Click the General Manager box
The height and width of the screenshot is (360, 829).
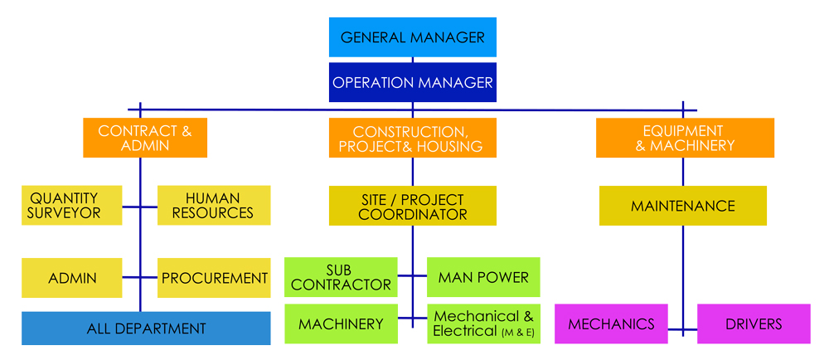point(413,37)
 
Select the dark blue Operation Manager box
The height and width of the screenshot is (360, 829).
point(413,82)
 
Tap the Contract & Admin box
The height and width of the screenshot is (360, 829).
point(145,138)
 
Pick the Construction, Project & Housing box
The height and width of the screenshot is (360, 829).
point(413,138)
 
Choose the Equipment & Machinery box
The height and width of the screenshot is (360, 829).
point(684,138)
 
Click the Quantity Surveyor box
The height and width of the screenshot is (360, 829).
point(72,205)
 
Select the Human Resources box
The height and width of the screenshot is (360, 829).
point(213,205)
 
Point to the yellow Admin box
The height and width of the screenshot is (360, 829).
point(72,278)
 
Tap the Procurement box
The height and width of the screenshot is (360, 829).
point(214,278)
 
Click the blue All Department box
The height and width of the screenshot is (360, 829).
point(146,328)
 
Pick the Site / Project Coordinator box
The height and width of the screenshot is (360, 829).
point(413,206)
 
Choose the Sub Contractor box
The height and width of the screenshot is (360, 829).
point(341,277)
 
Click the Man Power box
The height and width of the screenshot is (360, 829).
point(483,277)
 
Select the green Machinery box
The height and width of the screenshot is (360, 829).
point(341,324)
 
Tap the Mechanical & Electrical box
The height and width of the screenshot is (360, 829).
point(483,324)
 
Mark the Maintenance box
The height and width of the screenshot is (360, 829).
point(683,206)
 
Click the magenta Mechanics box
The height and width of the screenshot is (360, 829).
point(611,324)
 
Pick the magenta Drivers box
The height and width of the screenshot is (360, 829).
point(754,324)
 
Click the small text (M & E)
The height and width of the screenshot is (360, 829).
point(518,333)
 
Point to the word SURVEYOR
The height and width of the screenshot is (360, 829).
point(65,213)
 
